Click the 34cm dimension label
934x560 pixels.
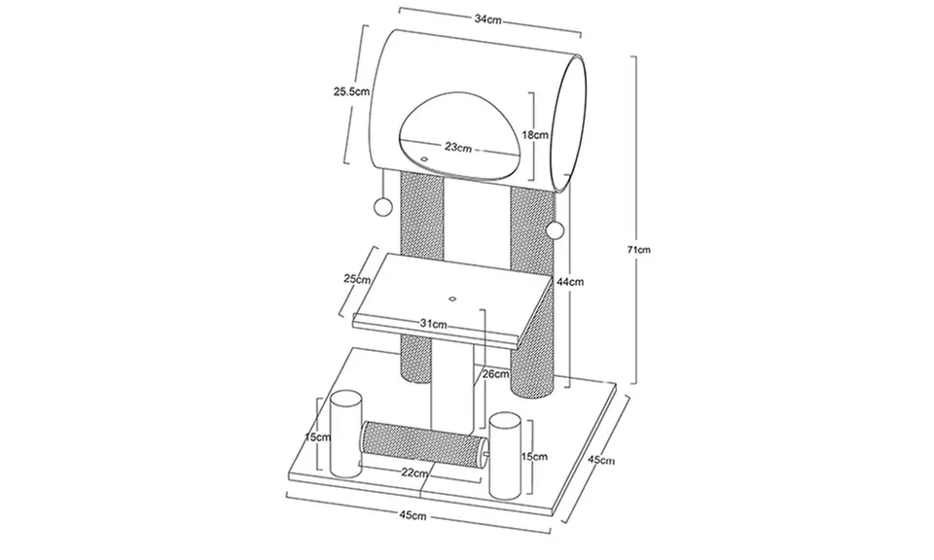(x=487, y=19)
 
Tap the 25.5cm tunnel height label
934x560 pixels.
(x=351, y=91)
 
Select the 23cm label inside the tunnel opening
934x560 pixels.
(x=458, y=147)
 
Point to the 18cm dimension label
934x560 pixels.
(x=535, y=134)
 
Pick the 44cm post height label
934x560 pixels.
(x=570, y=282)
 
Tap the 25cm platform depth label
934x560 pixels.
(x=357, y=278)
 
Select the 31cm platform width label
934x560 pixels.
(x=434, y=325)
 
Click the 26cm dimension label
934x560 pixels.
(x=496, y=373)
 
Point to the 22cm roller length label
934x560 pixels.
(x=414, y=473)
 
